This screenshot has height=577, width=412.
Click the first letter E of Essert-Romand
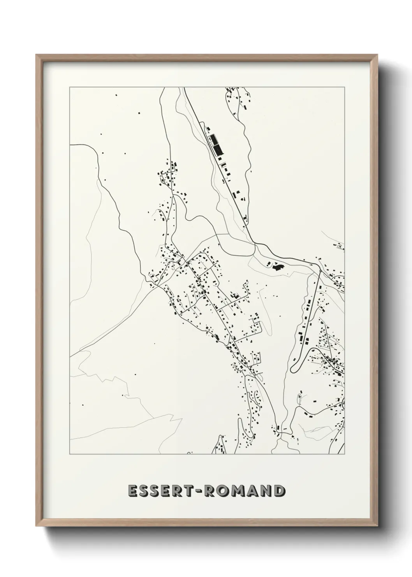pos(132,491)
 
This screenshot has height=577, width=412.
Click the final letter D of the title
pos(278,491)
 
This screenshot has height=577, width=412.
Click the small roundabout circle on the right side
pos(320,271)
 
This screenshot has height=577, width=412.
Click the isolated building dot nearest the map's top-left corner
pos(116,95)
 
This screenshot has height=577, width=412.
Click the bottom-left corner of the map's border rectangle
pos(70,455)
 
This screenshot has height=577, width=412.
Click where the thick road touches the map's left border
pos(70,145)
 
